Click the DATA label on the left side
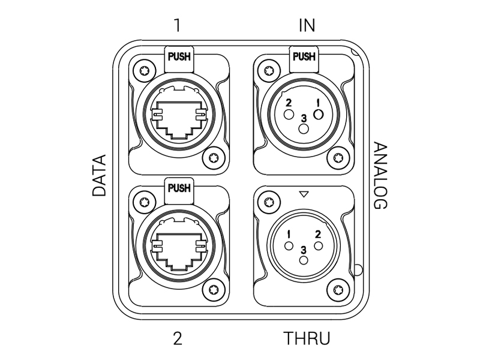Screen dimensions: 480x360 (99, 175)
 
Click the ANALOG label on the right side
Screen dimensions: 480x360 (381, 176)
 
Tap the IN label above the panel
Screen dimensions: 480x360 (307, 25)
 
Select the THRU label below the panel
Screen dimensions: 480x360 (307, 338)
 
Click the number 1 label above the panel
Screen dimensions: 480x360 (177, 25)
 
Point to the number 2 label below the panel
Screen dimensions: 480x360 (178, 338)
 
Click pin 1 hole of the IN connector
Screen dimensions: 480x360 (319, 115)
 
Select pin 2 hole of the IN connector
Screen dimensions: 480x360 (289, 115)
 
